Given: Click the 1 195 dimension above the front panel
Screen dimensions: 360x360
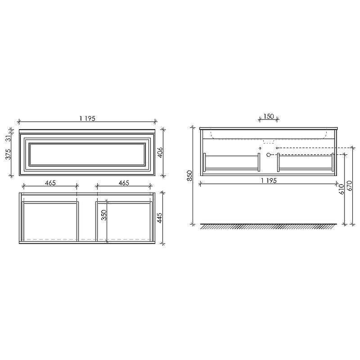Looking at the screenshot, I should tap(87, 118).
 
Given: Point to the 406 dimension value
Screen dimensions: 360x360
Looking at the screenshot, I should tap(160, 153).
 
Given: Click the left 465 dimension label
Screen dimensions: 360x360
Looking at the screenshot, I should tap(50, 183).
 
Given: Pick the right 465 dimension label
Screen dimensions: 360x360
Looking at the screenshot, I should tap(124, 183).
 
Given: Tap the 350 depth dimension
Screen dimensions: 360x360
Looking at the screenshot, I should tap(103, 215).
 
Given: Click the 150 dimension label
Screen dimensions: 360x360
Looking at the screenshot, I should tap(269, 117).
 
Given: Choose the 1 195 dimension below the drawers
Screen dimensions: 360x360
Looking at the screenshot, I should tap(268, 180).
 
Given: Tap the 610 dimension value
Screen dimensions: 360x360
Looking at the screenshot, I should tap(342, 189).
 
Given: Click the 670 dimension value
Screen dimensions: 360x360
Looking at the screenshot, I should tap(350, 185).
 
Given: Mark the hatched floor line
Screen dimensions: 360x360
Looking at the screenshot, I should tap(268, 226).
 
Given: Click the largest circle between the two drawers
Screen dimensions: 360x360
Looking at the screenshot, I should tap(268, 155).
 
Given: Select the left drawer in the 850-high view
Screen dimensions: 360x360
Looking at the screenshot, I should tap(232, 162).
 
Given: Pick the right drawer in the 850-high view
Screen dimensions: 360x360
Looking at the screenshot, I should tap(306, 162).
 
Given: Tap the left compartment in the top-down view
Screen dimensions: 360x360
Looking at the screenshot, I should tap(50, 220).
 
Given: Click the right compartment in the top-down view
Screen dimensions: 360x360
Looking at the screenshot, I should tap(124, 220).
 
